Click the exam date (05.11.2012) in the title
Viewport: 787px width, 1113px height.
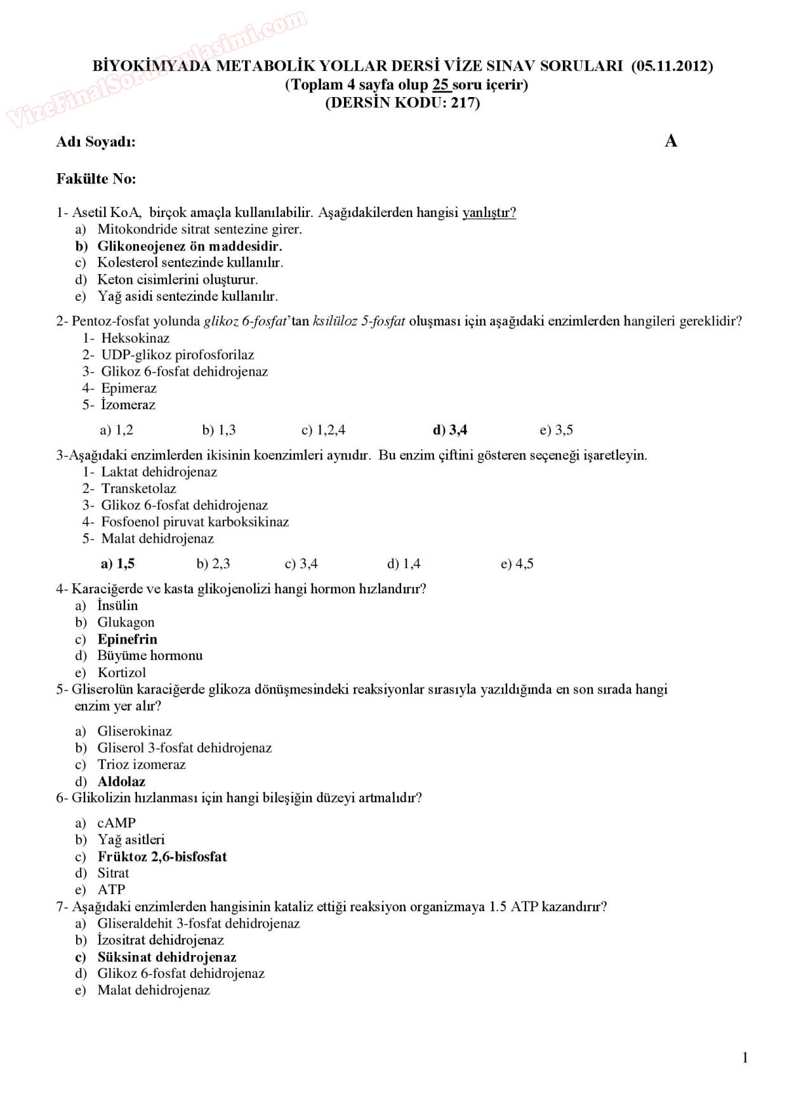tap(672, 66)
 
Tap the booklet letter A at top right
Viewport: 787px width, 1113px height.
tap(671, 141)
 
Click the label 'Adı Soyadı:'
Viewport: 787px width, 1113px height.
tap(96, 142)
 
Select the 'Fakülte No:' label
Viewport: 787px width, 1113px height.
tap(96, 179)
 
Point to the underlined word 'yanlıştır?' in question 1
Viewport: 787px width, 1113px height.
tap(489, 213)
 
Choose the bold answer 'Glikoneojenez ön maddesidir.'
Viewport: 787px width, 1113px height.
tap(189, 246)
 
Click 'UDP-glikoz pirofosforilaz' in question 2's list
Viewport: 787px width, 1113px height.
tap(177, 355)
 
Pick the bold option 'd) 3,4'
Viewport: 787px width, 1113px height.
tap(449, 430)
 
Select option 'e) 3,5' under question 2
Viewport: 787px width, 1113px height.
tap(556, 430)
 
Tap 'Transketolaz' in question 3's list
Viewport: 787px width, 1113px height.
tap(138, 489)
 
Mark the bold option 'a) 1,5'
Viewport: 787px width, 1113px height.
tap(117, 563)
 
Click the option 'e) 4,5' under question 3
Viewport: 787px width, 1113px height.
tap(517, 563)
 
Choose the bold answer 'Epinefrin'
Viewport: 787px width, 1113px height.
tap(127, 639)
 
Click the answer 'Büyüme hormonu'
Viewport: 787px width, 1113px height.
tap(150, 655)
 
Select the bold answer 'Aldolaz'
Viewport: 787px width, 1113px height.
tap(121, 782)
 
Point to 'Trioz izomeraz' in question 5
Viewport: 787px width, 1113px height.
tap(141, 765)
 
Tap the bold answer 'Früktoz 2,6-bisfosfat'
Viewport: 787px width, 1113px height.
tap(162, 857)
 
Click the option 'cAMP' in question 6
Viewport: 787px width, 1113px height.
tap(116, 823)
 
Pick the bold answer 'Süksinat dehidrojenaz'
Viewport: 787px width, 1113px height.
tap(166, 957)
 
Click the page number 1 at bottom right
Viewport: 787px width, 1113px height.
tap(744, 1057)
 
